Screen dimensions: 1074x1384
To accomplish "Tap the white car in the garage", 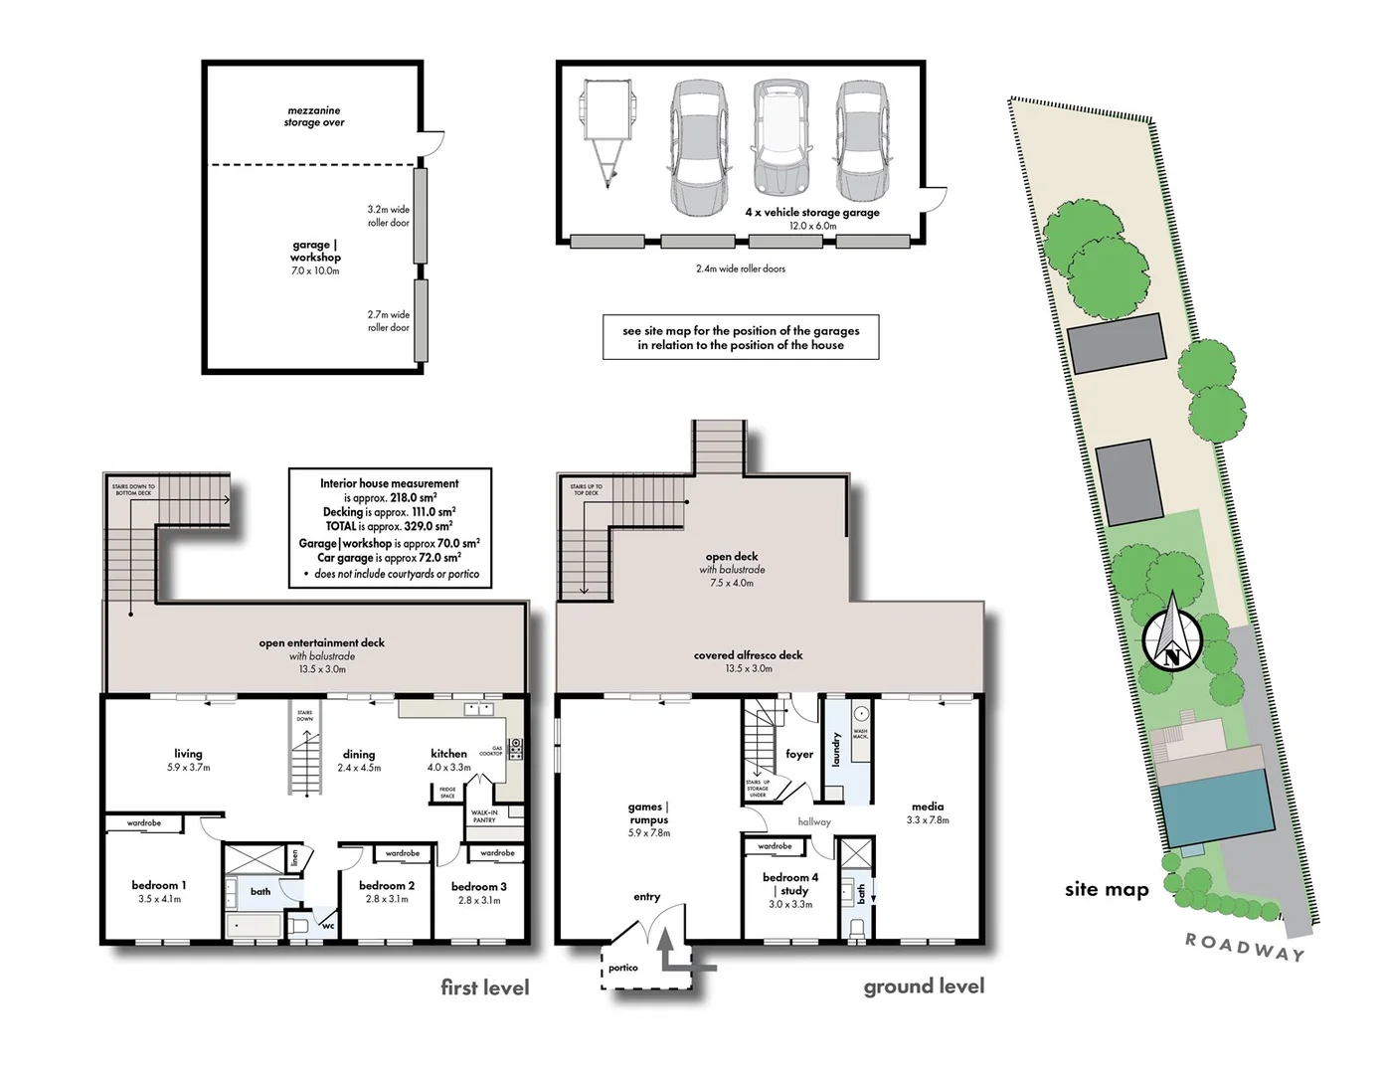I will point(781,138).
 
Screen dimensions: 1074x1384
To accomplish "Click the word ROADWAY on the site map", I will point(1245,948).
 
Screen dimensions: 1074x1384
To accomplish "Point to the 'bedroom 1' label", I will point(159,885).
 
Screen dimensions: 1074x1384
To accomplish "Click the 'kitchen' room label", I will point(448,754).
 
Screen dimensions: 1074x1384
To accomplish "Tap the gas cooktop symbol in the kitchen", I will point(515,749).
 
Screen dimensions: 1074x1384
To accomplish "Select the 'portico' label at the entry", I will point(623,968).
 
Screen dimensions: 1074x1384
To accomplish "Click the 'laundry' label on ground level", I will point(836,750).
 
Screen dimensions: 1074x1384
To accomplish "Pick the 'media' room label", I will point(927,806).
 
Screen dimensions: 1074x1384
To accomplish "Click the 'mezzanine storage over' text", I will point(314,116).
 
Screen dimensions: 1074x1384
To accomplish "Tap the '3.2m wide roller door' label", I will point(388,216).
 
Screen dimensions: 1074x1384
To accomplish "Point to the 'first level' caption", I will point(484,987).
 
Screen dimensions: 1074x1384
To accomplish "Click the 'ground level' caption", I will point(924,986).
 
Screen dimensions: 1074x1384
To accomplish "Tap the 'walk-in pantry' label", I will point(484,816).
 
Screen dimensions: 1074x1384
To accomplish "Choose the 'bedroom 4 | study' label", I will point(790,884).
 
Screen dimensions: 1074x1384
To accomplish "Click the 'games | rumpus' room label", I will point(648,813).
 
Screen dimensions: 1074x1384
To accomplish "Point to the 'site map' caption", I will point(1106,890).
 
